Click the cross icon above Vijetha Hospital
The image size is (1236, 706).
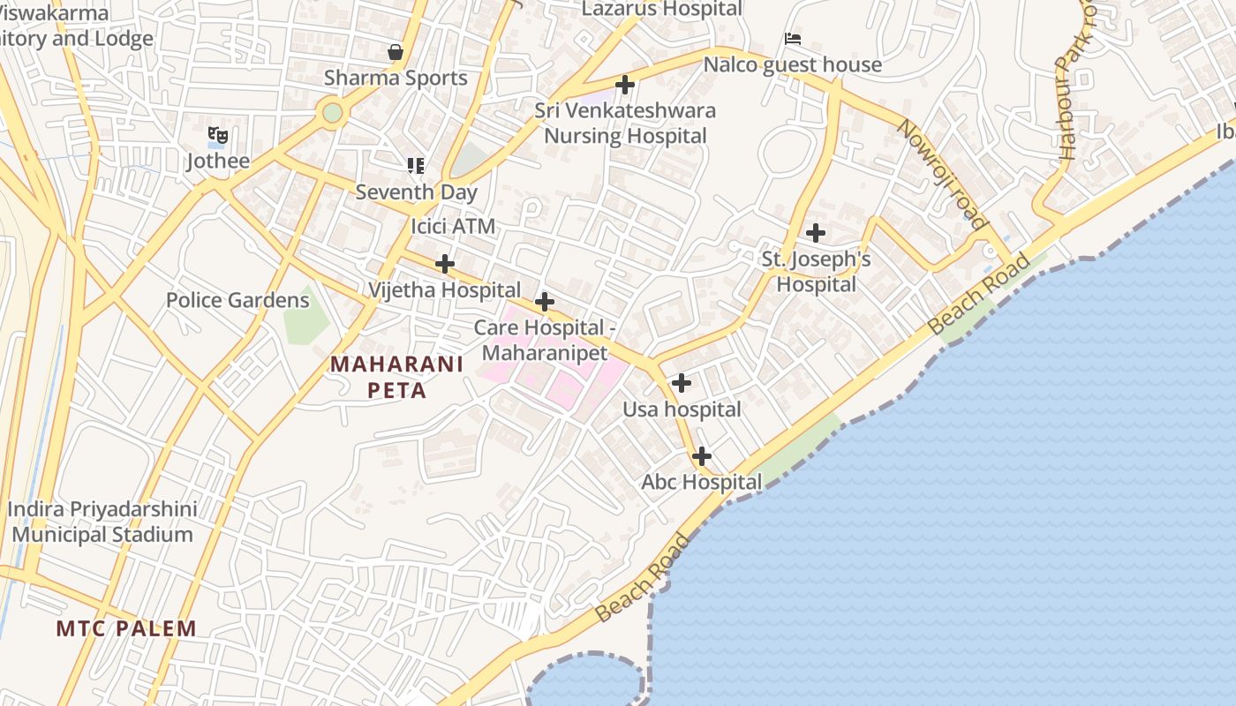coord(445,264)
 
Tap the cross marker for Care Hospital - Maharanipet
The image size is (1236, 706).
coord(545,302)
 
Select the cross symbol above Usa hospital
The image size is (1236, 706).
coord(681,384)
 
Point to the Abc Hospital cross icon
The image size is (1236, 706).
coord(701,456)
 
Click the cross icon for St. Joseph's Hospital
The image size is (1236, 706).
coord(816,233)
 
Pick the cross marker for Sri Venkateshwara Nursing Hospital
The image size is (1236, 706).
coord(625,85)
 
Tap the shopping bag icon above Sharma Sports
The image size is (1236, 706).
coord(396,52)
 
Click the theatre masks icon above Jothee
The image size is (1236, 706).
coord(218,135)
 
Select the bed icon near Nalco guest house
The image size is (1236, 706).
coord(793,39)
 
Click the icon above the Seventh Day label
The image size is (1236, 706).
coord(416,165)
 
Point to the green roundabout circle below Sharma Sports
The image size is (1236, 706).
coord(332,113)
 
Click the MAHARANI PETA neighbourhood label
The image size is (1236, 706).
coord(396,377)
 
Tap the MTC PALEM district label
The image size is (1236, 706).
coord(126,628)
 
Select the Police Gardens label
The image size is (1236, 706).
coord(237,300)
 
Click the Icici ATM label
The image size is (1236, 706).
coord(453,227)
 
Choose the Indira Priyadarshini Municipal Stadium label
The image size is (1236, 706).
coord(102,522)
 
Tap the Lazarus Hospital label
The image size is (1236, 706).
coord(661,10)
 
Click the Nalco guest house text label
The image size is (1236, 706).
coord(792,64)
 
